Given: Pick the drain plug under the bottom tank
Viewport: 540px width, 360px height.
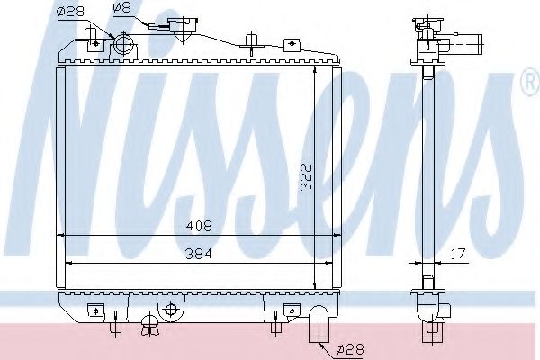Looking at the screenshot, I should [x=146, y=325].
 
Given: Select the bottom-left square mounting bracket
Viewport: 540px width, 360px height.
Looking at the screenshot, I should [x=93, y=311].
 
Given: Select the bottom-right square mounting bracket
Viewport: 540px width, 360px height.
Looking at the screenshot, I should [x=291, y=311].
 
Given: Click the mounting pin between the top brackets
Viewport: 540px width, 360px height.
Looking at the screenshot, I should [x=251, y=40].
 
